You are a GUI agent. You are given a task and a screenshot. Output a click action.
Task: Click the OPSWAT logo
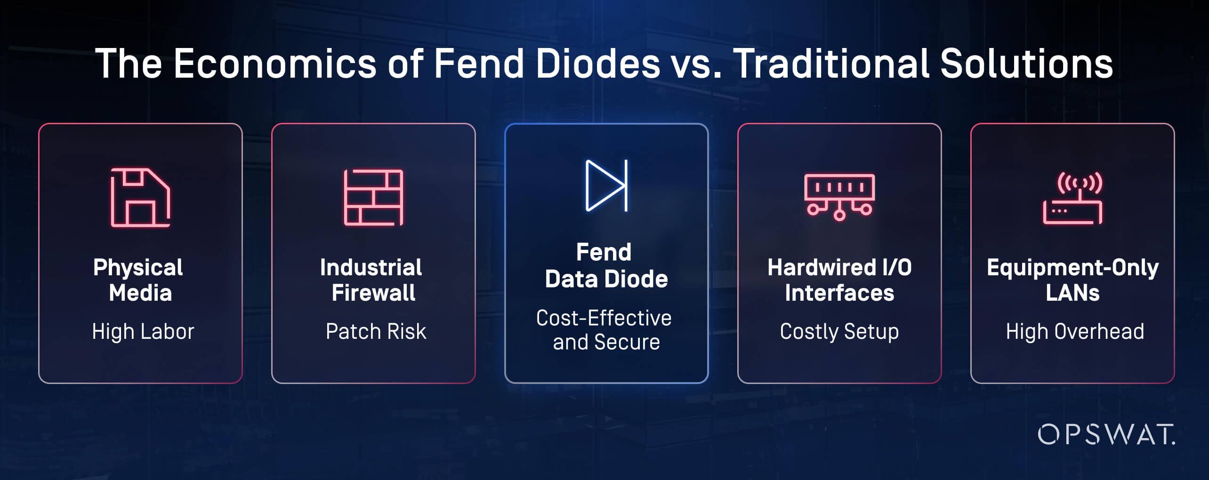click(x=1106, y=434)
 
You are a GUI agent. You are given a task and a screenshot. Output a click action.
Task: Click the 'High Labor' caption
click(x=143, y=331)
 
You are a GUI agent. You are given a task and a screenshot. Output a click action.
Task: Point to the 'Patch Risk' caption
click(x=376, y=331)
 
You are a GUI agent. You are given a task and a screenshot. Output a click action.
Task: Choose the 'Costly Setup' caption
click(x=839, y=331)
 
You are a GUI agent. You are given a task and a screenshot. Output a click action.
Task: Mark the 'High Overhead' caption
click(x=1075, y=331)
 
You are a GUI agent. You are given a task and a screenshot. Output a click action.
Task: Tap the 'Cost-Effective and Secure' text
click(x=604, y=330)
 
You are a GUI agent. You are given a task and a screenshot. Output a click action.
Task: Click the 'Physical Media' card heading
click(x=138, y=280)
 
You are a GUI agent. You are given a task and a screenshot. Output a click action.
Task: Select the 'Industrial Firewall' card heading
click(x=371, y=280)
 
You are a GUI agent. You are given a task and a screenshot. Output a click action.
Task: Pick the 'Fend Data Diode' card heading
click(x=606, y=265)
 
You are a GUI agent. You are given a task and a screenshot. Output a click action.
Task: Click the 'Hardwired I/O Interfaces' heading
click(x=839, y=280)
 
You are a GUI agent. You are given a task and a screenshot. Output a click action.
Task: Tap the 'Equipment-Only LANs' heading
click(x=1072, y=280)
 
